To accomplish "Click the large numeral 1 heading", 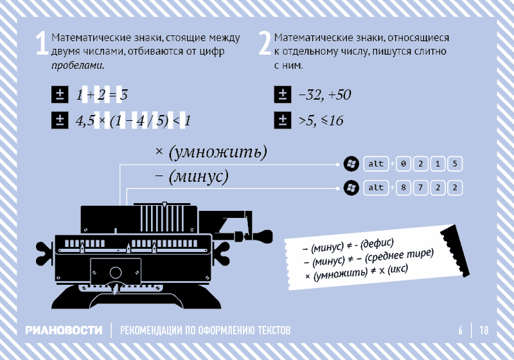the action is [42, 43].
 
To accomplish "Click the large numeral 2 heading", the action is [265, 43].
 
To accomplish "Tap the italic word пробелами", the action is [77, 65].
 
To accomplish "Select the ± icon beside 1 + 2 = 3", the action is [60, 94].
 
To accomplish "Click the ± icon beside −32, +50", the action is [283, 94].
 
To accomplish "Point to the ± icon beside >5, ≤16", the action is [283, 120].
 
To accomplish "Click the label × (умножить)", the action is [211, 152].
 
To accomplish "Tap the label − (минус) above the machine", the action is [191, 176].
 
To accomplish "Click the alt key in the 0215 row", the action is [376, 164].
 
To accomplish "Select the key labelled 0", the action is [403, 164].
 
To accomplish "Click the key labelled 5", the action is [455, 164].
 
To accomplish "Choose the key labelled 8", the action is [403, 188].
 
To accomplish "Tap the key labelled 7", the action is [421, 188].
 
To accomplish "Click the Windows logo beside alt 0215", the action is [351, 164].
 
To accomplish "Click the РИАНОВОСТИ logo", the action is [64, 330].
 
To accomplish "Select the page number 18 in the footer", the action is [484, 330].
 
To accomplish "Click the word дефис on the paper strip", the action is [377, 244].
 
